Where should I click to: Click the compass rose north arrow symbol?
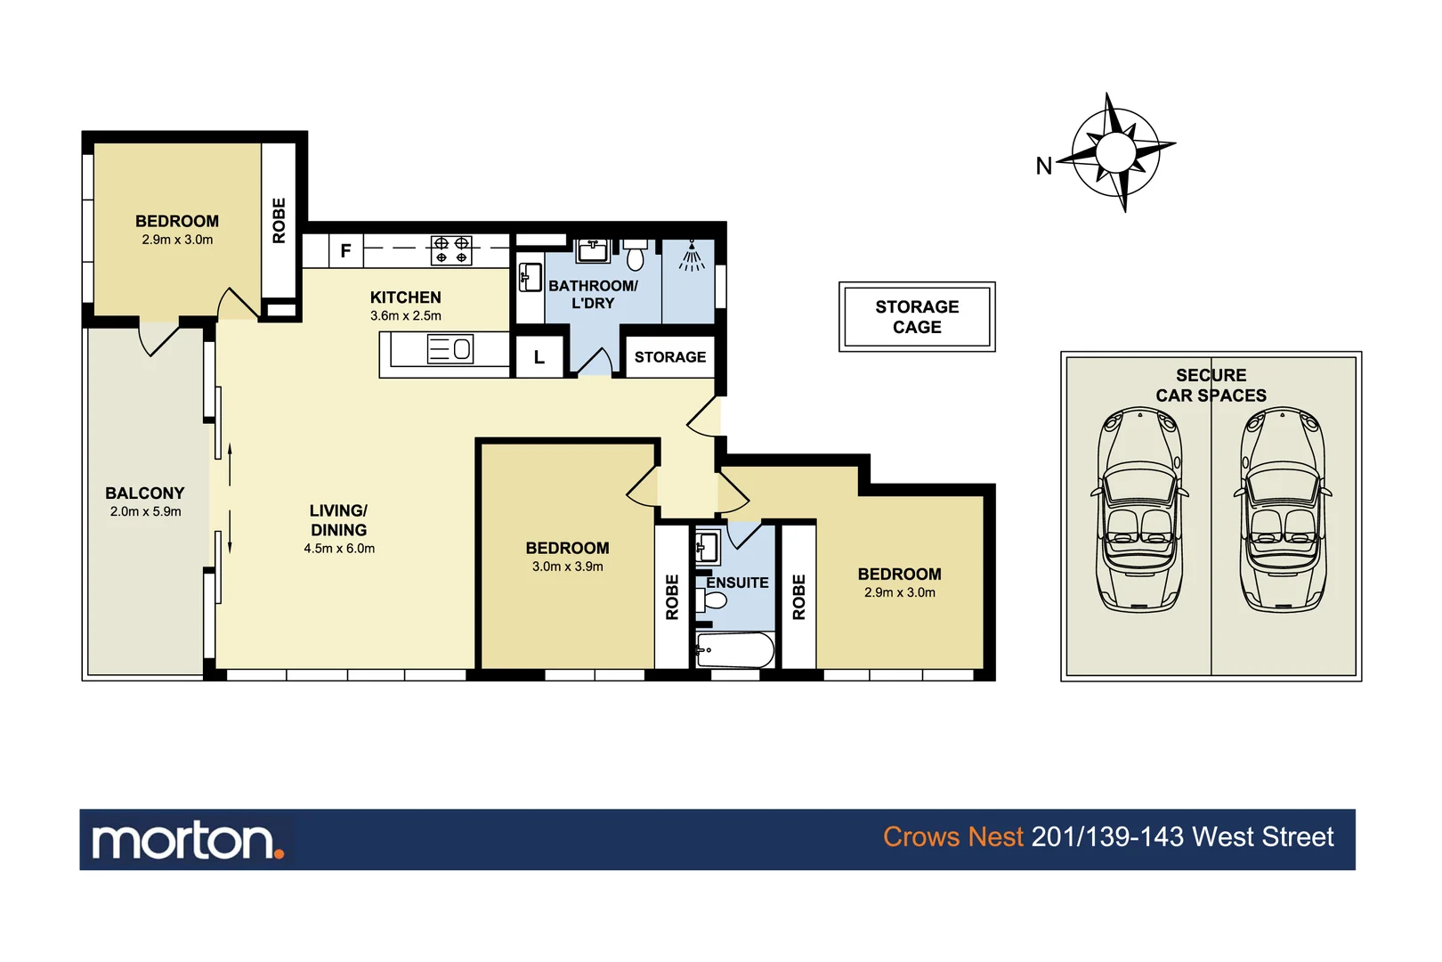point(1116,152)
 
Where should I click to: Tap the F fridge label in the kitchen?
point(345,251)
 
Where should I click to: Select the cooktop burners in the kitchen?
point(451,250)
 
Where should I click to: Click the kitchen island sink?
point(451,349)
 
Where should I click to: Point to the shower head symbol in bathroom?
point(692,256)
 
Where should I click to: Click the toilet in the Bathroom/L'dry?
point(635,256)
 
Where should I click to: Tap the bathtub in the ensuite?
point(735,650)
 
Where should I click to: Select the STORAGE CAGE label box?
point(917,317)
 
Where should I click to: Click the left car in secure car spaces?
point(1140,510)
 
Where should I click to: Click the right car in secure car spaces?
point(1283,510)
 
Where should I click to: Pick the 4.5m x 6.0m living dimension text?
point(339,549)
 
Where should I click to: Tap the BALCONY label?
point(145,493)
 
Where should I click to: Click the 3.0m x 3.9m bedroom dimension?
point(567,567)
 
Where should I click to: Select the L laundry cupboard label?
point(539,357)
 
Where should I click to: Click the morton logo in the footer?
point(188,840)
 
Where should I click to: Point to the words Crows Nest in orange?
point(952,837)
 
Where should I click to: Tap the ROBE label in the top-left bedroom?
point(279,220)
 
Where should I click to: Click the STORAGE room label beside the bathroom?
point(669,357)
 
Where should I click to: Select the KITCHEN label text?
point(405,298)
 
